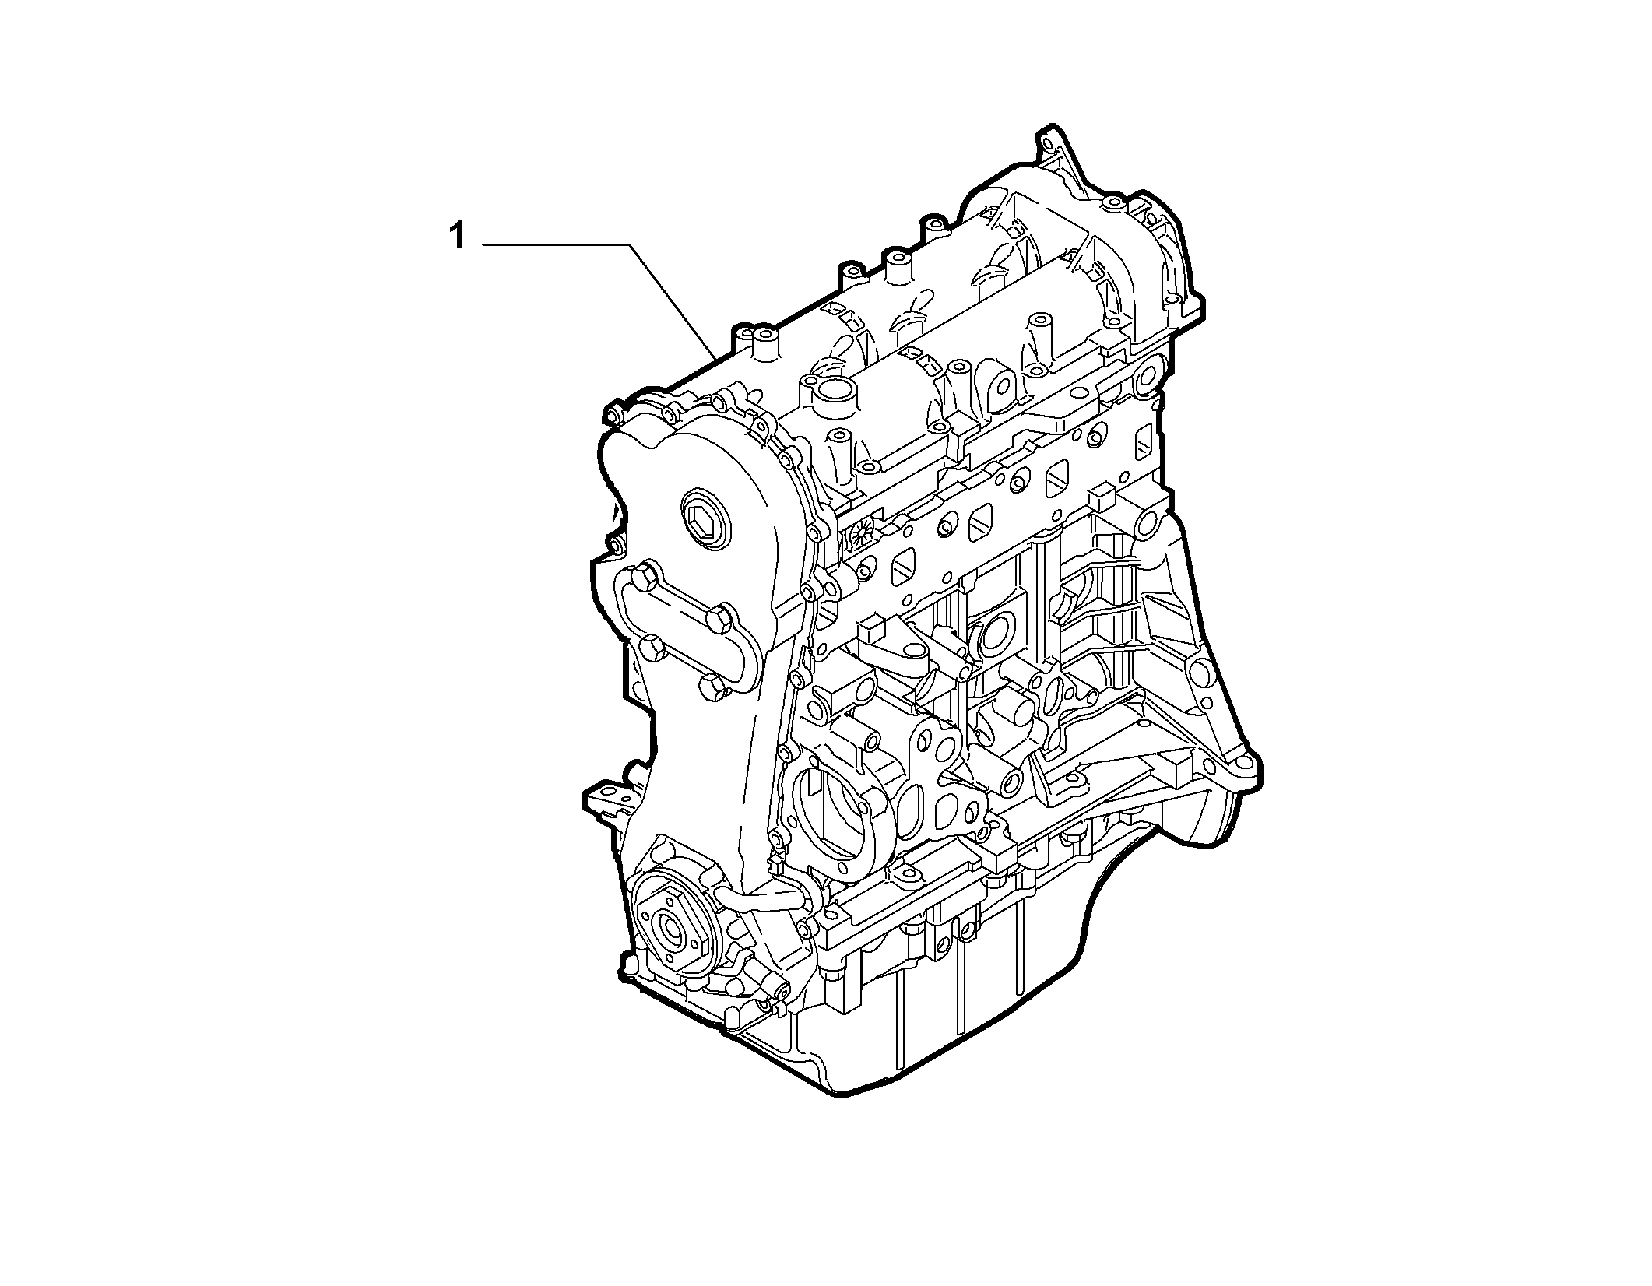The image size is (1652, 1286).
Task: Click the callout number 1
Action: pyautogui.click(x=458, y=236)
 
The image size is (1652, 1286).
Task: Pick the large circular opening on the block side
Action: pyautogui.click(x=835, y=823)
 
